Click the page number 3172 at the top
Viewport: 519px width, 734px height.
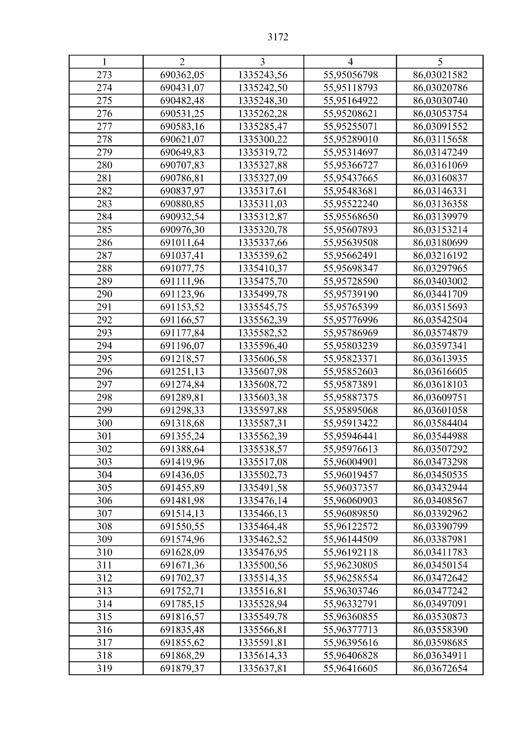tap(278, 37)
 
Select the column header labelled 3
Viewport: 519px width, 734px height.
tap(262, 62)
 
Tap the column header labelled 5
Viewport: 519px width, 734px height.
tap(440, 62)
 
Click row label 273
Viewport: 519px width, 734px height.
tap(104, 75)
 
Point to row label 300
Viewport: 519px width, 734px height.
tap(104, 423)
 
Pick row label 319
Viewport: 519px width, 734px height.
tap(104, 668)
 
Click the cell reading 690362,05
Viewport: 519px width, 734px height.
tap(182, 75)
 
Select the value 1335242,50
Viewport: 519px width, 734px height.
tap(263, 88)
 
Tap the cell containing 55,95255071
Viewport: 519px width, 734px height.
tap(350, 126)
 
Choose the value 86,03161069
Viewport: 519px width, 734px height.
tap(440, 165)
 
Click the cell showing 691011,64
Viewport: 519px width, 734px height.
tap(182, 243)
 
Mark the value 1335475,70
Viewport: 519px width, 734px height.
tap(263, 281)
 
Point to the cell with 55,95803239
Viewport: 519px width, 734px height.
tap(350, 346)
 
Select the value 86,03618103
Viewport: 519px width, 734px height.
tap(440, 385)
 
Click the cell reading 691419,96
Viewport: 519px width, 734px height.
tap(182, 462)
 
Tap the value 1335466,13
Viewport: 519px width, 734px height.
tap(263, 513)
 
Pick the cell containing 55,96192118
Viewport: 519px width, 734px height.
tap(350, 552)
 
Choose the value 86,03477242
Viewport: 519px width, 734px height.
tap(440, 591)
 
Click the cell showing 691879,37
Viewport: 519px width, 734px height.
tap(182, 668)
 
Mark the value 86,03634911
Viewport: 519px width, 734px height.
tap(440, 655)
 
